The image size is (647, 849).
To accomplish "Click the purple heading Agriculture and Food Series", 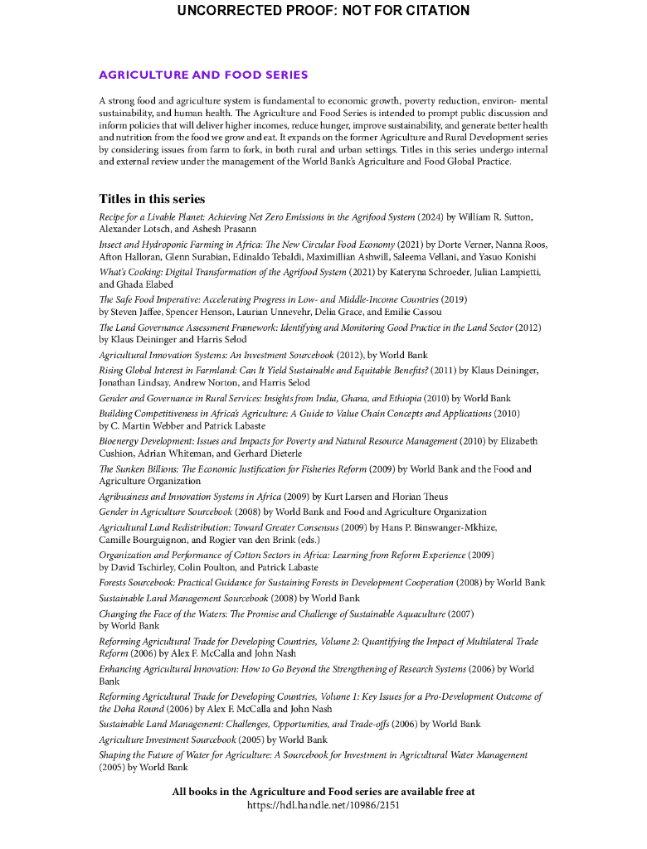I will tap(203, 75).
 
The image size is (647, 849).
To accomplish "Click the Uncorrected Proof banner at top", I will tap(323, 11).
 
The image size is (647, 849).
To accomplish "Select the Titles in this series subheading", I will tap(152, 199).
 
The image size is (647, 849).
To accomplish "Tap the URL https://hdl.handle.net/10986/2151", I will tap(323, 805).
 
